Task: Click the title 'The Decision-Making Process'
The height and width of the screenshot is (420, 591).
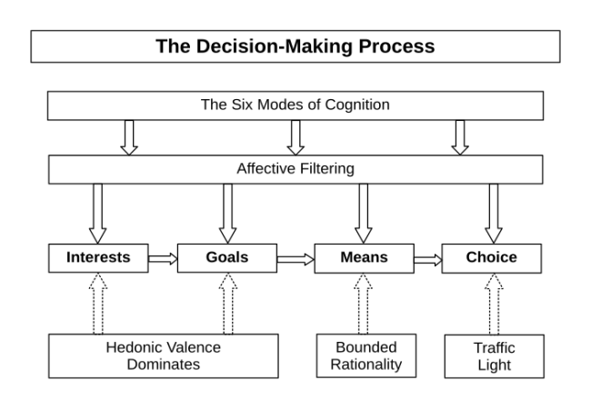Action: pyautogui.click(x=295, y=46)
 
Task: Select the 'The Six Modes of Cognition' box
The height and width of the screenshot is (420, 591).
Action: pyautogui.click(x=295, y=105)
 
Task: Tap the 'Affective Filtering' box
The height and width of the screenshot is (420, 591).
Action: pyautogui.click(x=295, y=168)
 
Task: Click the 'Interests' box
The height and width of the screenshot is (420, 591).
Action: pyautogui.click(x=98, y=258)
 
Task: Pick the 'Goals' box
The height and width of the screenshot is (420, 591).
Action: pyautogui.click(x=227, y=258)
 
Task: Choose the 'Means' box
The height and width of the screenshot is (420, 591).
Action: pyautogui.click(x=363, y=258)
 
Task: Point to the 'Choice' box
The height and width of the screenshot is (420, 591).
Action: pyautogui.click(x=492, y=258)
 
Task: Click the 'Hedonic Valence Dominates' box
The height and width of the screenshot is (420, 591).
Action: pyautogui.click(x=164, y=356)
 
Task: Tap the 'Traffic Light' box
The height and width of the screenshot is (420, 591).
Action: pyautogui.click(x=494, y=356)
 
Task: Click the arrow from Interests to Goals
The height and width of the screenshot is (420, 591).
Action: pyautogui.click(x=163, y=259)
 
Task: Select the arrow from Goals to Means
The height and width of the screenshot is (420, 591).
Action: pyautogui.click(x=295, y=259)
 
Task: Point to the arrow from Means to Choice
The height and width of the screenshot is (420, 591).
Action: pyautogui.click(x=427, y=259)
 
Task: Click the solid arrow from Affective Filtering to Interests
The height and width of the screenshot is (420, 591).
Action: pyautogui.click(x=98, y=213)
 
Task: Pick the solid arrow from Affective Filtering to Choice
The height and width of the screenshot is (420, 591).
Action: pyautogui.click(x=494, y=213)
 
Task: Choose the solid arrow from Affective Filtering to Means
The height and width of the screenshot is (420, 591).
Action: pyautogui.click(x=363, y=213)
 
